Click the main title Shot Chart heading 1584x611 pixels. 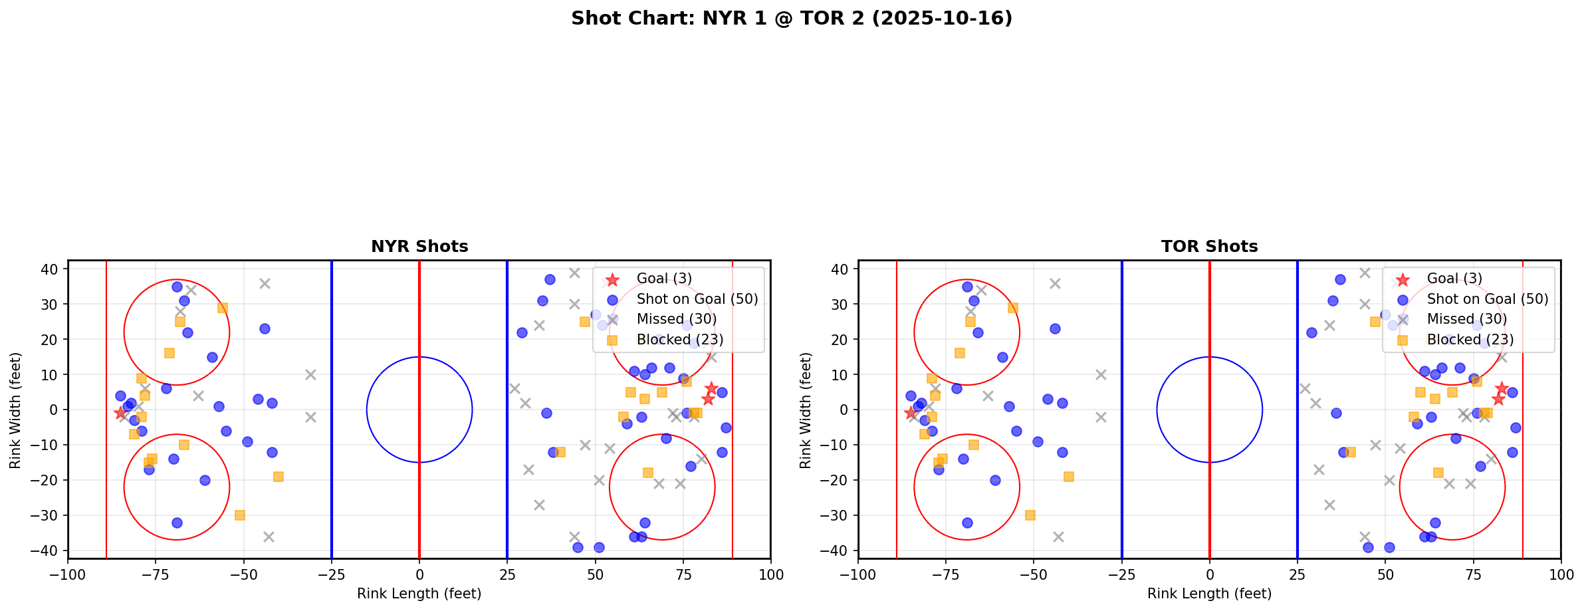coord(792,19)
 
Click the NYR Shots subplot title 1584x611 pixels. coord(419,247)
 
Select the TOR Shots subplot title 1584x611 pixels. coord(1209,247)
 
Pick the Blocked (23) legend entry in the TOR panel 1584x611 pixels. coord(1470,340)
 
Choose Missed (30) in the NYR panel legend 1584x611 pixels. coord(676,319)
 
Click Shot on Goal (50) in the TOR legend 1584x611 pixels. coord(1487,299)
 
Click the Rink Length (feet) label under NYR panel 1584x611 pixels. coord(419,594)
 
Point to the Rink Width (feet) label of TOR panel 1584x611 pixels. coord(806,410)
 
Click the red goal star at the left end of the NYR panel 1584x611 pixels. coord(120,413)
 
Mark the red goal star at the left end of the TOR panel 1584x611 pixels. coord(911,413)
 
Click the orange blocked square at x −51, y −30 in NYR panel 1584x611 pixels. coord(240,515)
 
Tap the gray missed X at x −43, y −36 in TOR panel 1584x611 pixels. coord(1058,537)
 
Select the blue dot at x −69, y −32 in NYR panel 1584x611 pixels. coord(177,523)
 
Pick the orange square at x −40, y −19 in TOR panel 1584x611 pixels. coord(1069,477)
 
